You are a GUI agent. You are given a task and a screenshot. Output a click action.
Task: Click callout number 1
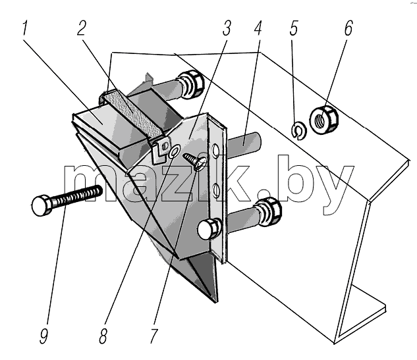[x=24, y=29]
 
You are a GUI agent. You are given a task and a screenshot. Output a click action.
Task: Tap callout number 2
[x=82, y=28]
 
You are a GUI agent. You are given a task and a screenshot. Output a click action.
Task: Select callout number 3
[x=227, y=28]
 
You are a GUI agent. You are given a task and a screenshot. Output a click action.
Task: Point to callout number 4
[x=258, y=28]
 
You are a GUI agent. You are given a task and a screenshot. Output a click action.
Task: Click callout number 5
[x=293, y=28]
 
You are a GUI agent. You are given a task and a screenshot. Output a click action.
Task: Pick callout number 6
[x=348, y=28]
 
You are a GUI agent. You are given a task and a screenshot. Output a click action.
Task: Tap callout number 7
[x=153, y=336]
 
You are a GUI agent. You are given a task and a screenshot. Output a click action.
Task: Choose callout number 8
[x=103, y=336]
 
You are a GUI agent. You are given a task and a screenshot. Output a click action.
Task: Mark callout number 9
[x=44, y=336]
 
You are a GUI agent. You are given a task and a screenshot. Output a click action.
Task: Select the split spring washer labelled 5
[x=298, y=130]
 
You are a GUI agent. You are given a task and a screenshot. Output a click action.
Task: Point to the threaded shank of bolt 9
[x=77, y=195]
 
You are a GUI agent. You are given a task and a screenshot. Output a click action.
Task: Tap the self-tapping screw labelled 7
[x=195, y=161]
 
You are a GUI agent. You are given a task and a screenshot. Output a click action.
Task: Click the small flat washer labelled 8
[x=174, y=152]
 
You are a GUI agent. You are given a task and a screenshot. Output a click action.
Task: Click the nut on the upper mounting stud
[x=191, y=84]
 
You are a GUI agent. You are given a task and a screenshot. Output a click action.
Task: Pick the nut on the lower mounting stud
[x=268, y=212]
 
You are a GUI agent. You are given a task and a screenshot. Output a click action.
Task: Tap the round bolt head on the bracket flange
[x=209, y=229]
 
